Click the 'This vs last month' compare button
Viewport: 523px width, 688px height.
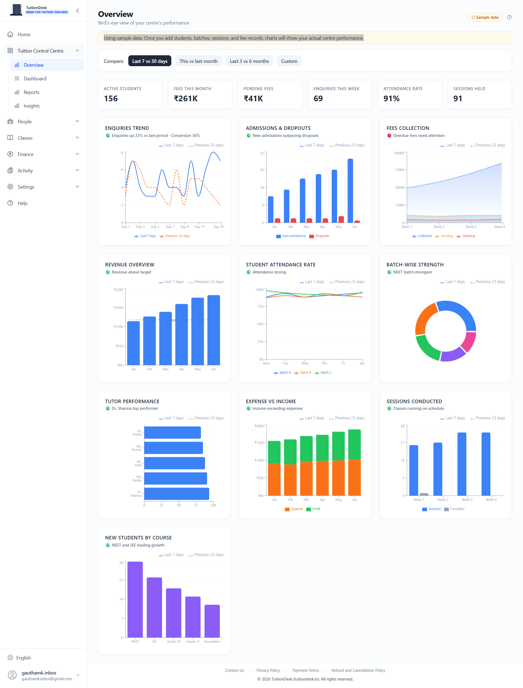click(x=198, y=61)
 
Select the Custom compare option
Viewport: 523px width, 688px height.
click(x=289, y=61)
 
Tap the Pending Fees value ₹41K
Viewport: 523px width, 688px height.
click(x=253, y=99)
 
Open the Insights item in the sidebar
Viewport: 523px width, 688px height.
click(x=31, y=106)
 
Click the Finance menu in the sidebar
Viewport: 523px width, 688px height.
click(x=26, y=154)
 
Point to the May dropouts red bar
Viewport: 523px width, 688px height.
click(x=341, y=219)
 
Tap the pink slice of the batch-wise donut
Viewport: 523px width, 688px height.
click(x=469, y=341)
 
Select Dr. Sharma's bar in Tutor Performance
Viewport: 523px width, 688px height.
click(x=177, y=494)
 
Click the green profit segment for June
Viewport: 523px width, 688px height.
click(x=354, y=444)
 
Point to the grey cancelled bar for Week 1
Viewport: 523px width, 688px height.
click(x=424, y=494)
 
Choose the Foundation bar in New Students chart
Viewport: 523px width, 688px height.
click(x=212, y=621)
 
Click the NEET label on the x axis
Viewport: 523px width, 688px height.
click(x=135, y=641)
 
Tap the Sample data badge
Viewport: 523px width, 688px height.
click(x=485, y=17)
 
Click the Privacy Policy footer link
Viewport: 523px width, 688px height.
click(x=268, y=670)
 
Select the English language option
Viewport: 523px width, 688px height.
click(x=23, y=658)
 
